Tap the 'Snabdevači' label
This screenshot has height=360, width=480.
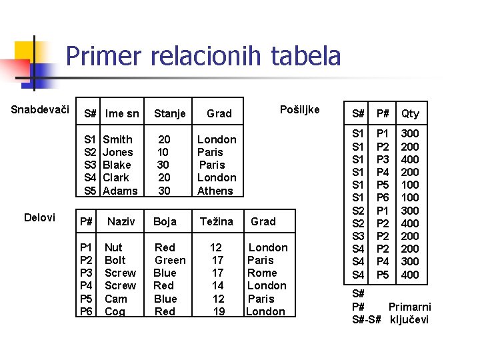pyautogui.click(x=41, y=109)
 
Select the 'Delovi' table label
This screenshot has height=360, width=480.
pyautogui.click(x=39, y=217)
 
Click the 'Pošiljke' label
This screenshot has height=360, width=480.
pyautogui.click(x=299, y=109)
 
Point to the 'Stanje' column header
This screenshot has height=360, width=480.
pyautogui.click(x=169, y=113)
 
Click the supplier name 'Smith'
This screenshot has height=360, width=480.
pyautogui.click(x=117, y=139)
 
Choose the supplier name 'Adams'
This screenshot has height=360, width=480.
pyautogui.click(x=120, y=191)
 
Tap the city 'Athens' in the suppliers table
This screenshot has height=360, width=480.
pyautogui.click(x=215, y=191)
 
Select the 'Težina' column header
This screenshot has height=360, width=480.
pyautogui.click(x=216, y=221)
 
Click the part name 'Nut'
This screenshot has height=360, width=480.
pyautogui.click(x=113, y=247)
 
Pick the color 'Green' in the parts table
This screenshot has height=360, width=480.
pyautogui.click(x=170, y=260)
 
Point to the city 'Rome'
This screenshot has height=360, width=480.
pyautogui.click(x=261, y=273)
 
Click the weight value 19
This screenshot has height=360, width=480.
pyautogui.click(x=218, y=311)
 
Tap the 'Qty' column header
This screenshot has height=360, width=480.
pyautogui.click(x=410, y=113)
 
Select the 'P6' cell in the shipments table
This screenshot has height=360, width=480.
pyautogui.click(x=382, y=197)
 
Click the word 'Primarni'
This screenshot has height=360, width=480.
pyautogui.click(x=409, y=307)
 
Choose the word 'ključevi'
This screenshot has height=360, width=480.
pyautogui.click(x=409, y=319)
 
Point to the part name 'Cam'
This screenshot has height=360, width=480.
pyautogui.click(x=115, y=299)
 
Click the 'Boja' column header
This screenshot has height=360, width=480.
pyautogui.click(x=165, y=221)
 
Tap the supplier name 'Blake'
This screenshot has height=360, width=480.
pyautogui.click(x=117, y=165)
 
